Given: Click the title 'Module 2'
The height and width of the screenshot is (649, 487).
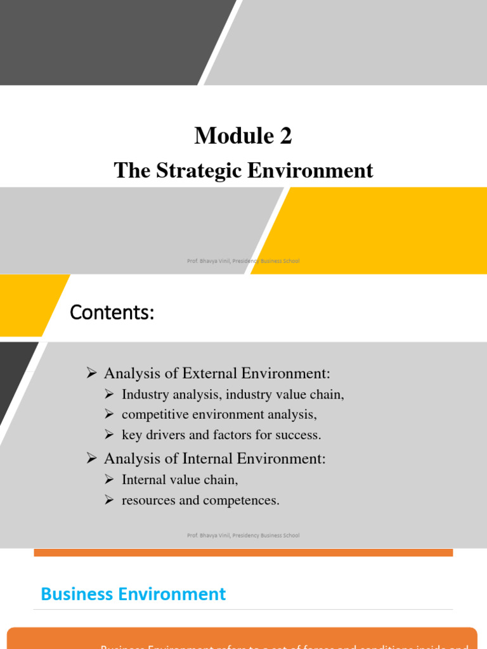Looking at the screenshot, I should click(x=243, y=136).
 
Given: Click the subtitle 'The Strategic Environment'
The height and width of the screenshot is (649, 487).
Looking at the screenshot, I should click(x=243, y=170).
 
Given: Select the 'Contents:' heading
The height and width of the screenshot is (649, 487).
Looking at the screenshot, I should click(x=112, y=312).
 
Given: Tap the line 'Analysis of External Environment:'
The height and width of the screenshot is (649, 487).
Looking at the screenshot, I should click(x=217, y=373).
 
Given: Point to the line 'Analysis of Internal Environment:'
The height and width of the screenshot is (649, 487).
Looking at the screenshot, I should click(x=214, y=458).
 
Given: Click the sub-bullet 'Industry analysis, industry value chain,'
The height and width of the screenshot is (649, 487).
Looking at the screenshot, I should click(x=233, y=394).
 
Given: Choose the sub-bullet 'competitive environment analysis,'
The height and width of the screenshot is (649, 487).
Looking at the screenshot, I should click(x=219, y=414).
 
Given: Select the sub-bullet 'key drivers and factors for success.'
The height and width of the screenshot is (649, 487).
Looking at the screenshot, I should click(x=221, y=435).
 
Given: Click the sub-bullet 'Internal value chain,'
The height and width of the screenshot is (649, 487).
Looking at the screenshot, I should click(x=179, y=480).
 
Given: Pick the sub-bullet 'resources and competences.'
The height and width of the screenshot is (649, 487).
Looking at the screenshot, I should click(x=200, y=500).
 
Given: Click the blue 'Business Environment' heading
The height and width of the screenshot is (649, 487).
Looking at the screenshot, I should click(x=133, y=594).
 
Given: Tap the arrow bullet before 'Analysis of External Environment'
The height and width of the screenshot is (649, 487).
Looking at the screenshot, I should click(x=91, y=373).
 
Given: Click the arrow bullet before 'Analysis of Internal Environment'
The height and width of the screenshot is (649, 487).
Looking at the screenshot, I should click(x=91, y=458).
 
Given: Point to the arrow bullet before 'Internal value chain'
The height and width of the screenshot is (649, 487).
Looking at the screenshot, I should click(x=109, y=480).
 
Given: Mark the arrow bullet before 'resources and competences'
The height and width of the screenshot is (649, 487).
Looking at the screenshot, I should click(x=109, y=501).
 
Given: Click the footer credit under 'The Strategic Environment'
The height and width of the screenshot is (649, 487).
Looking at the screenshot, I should click(x=243, y=261).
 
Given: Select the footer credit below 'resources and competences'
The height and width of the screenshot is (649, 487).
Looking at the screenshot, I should click(x=243, y=536).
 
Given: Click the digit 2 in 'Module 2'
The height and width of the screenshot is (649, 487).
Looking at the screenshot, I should click(x=285, y=136).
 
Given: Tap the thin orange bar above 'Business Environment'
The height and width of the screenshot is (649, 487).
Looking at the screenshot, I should click(x=243, y=553).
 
